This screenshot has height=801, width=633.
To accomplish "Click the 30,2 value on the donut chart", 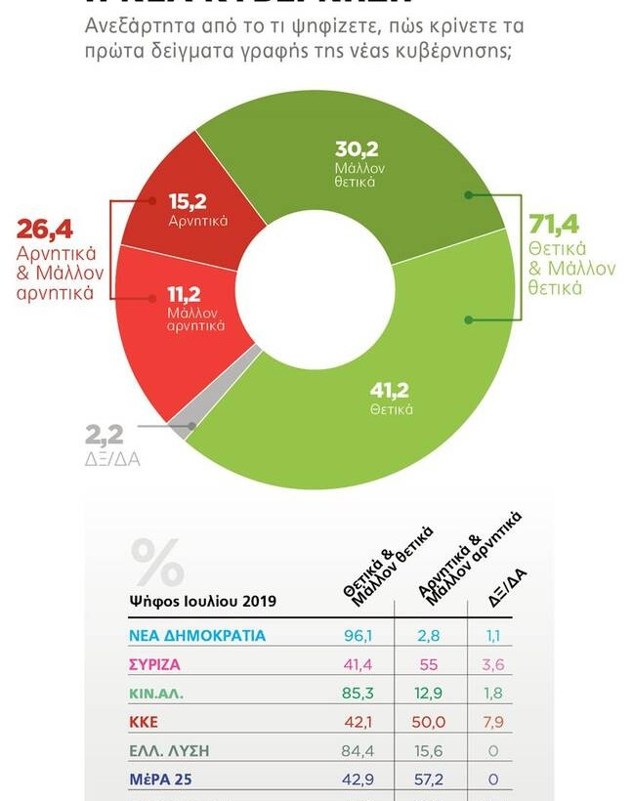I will pos(357,149).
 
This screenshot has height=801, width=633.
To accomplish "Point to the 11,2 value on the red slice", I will pos(184,294).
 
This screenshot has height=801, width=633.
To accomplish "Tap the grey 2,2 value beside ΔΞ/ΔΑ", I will pos(104,435).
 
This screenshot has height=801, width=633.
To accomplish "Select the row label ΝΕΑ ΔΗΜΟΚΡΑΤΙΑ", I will pos(197,635).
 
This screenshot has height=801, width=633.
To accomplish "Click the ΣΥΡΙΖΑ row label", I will pos(155,664).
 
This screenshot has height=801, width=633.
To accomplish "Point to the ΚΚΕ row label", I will pos(144,723).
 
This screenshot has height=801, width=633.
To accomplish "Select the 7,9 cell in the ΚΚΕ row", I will pos(494,723).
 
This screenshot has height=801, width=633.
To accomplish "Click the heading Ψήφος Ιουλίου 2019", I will pos(202,601).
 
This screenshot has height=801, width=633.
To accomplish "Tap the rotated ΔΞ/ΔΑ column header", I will pos(507,587).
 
